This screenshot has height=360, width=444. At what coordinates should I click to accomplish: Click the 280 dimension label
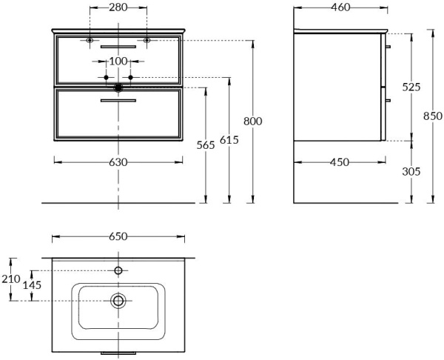[118, 7]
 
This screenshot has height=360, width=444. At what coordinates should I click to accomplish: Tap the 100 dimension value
[118, 61]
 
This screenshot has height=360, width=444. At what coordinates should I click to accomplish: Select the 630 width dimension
[118, 162]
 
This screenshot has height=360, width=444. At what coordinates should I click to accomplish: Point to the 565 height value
[206, 145]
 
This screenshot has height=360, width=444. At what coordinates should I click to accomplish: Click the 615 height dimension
[229, 138]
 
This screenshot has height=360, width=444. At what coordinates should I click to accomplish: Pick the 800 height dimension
[253, 121]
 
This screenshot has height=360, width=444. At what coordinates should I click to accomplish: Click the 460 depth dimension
[340, 7]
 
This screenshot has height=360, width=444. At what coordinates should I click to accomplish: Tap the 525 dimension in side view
[411, 87]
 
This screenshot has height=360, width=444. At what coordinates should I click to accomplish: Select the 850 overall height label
[432, 116]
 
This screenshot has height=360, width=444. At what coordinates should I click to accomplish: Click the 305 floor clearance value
[411, 171]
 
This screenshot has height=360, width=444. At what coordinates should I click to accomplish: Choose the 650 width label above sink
[118, 236]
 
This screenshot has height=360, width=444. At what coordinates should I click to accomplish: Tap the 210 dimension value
[11, 279]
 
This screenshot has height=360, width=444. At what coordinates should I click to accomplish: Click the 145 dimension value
[32, 285]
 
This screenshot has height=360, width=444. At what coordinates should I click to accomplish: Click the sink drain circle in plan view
[118, 301]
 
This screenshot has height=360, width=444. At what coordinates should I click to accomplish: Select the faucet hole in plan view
[118, 271]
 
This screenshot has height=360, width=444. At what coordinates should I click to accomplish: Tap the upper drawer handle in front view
[118, 47]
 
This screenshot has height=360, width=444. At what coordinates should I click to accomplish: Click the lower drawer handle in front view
[118, 100]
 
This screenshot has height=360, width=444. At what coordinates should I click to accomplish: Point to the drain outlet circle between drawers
[118, 87]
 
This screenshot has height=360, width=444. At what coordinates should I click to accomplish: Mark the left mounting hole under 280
[90, 40]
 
